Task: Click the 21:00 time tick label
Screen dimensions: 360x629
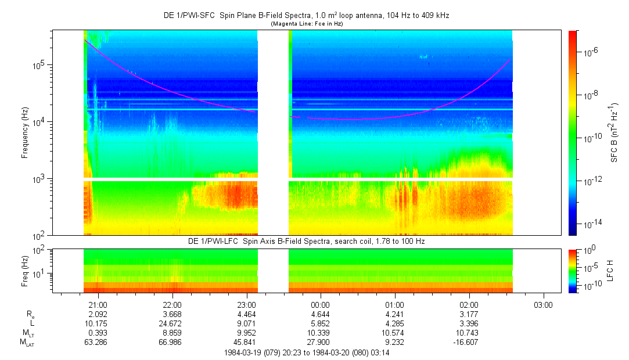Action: pyautogui.click(x=98, y=305)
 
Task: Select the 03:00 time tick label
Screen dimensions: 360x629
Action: pyautogui.click(x=543, y=305)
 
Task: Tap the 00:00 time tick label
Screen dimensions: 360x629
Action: pyautogui.click(x=321, y=305)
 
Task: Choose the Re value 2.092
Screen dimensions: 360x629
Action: pyautogui.click(x=98, y=314)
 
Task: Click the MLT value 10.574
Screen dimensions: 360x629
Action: pyautogui.click(x=395, y=333)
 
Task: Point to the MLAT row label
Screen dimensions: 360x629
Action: pyautogui.click(x=27, y=343)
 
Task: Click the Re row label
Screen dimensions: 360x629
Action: pyautogui.click(x=30, y=314)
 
